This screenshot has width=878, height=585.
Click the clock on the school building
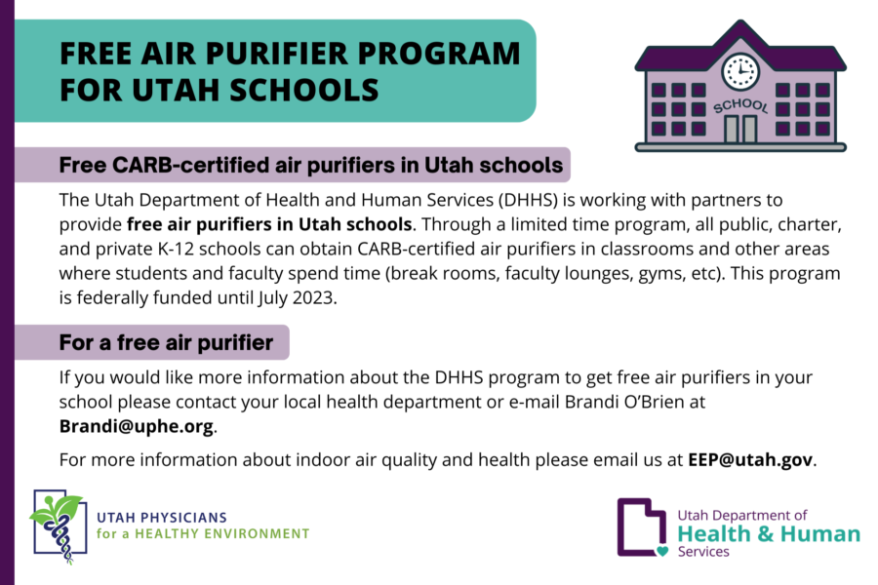(x=740, y=71)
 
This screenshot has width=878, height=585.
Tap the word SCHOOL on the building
(x=740, y=105)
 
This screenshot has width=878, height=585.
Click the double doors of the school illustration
(x=740, y=130)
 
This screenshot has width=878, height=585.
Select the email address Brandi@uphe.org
(x=136, y=427)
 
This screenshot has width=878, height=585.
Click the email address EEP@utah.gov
(x=750, y=459)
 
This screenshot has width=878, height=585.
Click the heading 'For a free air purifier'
(x=166, y=342)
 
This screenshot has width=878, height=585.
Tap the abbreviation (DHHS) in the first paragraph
(x=528, y=200)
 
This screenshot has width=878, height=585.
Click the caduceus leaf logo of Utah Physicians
(x=60, y=527)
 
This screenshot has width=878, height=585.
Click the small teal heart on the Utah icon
(x=662, y=552)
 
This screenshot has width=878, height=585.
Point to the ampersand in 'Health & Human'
(x=765, y=534)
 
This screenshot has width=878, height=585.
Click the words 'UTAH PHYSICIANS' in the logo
(x=162, y=518)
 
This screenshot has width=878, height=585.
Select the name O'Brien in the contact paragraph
(x=653, y=402)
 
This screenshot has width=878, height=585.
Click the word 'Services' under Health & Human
(x=703, y=552)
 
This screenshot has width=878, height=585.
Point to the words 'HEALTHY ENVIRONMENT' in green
(x=221, y=534)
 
